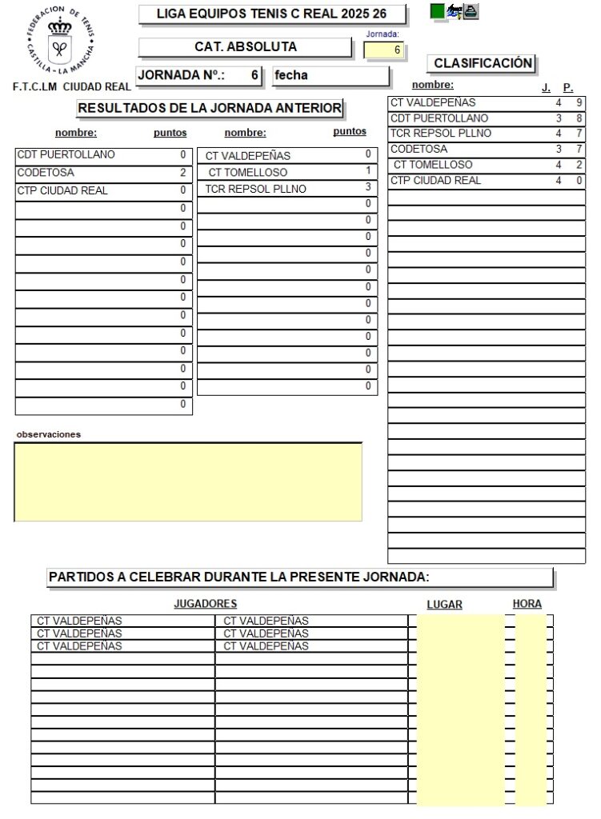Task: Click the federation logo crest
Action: [x=60, y=41]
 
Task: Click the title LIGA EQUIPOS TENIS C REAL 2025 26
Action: [x=272, y=14]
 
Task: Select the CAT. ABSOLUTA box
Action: [x=245, y=47]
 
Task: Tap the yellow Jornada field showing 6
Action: [x=384, y=50]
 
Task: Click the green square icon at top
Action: [x=437, y=10]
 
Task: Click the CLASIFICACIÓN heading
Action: [x=483, y=63]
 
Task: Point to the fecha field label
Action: [x=291, y=76]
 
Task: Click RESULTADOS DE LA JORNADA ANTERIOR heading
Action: [x=210, y=108]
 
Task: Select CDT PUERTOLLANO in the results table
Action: [x=66, y=154]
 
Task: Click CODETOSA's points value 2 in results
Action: [x=182, y=172]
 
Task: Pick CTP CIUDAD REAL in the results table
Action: [x=62, y=190]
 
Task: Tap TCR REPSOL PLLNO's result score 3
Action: [x=368, y=187]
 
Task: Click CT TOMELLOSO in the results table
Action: [x=247, y=172]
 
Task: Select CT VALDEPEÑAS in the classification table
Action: [x=433, y=102]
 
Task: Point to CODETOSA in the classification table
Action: [x=419, y=149]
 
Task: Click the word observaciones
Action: [x=48, y=434]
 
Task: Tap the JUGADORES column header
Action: [x=205, y=604]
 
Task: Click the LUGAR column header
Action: [x=444, y=605]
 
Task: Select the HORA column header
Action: [x=527, y=604]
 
